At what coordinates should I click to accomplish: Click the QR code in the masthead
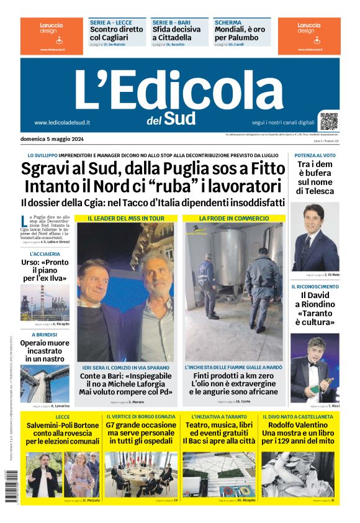[x=328, y=121]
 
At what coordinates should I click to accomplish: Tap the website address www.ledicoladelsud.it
[x=62, y=123]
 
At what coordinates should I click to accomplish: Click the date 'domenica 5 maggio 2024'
[x=52, y=139]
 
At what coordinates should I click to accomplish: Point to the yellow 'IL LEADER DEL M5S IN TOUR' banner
[x=126, y=219]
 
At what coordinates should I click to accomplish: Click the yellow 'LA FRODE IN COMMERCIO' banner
[x=233, y=219]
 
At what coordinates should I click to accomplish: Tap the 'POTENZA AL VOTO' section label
[x=315, y=155]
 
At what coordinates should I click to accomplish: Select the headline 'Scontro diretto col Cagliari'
[x=116, y=33]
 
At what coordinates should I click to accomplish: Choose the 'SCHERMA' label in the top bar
[x=228, y=22]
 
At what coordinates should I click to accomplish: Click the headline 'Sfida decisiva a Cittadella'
[x=177, y=33]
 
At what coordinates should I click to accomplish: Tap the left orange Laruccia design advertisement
[x=51, y=35]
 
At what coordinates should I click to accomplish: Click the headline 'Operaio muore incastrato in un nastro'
[x=45, y=351]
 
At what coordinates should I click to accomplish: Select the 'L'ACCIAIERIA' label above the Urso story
[x=45, y=254]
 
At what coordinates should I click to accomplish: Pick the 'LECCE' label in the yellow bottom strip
[x=62, y=417]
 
